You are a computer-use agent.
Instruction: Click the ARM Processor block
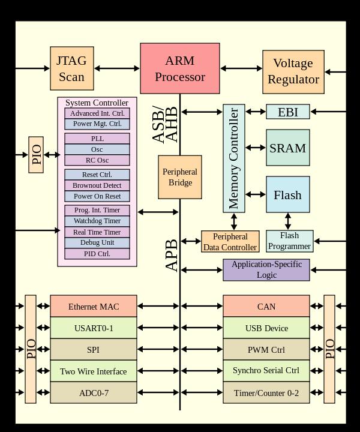[179, 68]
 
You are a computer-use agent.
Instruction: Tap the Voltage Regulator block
[293, 71]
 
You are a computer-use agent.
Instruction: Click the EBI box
[287, 112]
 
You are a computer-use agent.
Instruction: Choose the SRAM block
[287, 148]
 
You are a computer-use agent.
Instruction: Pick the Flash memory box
[287, 195]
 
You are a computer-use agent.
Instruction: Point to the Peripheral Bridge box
[179, 177]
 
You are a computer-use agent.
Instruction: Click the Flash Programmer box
[289, 241]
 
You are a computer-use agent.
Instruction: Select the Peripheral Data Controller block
[230, 241]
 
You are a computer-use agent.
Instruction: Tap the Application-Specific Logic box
[266, 269]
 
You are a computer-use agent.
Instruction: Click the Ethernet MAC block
[93, 306]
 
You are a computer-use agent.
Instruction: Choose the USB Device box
[266, 328]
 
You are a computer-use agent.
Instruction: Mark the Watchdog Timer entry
[97, 221]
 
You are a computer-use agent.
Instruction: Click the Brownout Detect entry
[97, 185]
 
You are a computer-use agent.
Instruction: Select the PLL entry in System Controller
[97, 139]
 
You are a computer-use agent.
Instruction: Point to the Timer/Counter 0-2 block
[266, 393]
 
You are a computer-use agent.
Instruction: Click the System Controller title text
[97, 103]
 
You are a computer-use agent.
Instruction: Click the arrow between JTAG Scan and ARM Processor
[117, 68]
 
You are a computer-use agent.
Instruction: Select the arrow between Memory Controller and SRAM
[256, 147]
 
